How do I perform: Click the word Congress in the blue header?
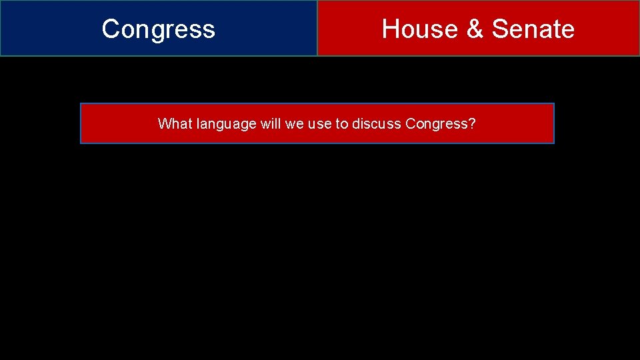click(159, 29)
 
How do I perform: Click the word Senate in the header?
click(533, 29)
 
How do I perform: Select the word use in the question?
click(319, 124)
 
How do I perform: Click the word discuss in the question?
click(377, 123)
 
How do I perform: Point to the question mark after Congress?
click(472, 123)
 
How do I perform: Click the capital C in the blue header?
click(110, 29)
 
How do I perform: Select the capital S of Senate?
click(500, 29)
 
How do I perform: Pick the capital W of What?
click(164, 123)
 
